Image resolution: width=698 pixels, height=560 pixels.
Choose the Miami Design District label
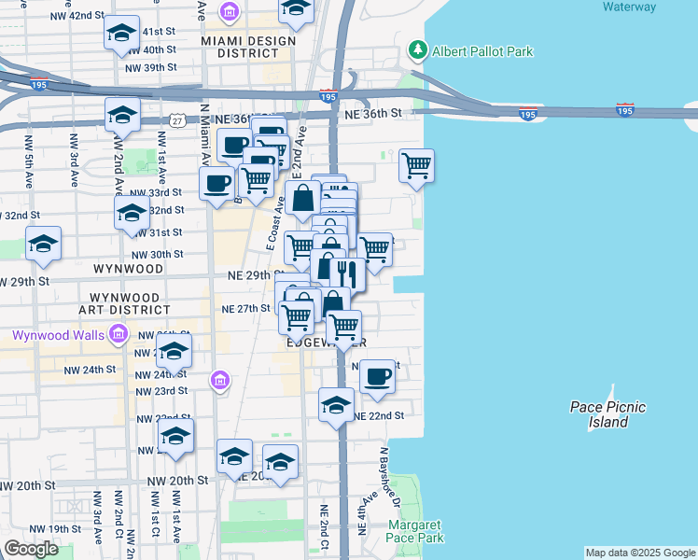pos(249,47)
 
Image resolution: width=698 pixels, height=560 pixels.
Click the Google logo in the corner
pos(31,549)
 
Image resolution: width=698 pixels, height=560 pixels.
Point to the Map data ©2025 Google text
pos(639,553)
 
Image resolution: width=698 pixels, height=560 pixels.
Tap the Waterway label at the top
pos(629,7)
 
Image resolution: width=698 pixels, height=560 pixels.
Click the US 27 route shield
pos(177,120)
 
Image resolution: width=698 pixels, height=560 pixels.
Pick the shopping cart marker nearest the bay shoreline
pos(415,166)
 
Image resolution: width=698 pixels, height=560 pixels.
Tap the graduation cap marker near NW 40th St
pos(122,34)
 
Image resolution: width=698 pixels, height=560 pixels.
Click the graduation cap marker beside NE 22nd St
pos(336,404)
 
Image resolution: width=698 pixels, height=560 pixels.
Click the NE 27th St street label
pos(245,309)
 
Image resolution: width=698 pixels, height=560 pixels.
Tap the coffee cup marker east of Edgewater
pos(377,376)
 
